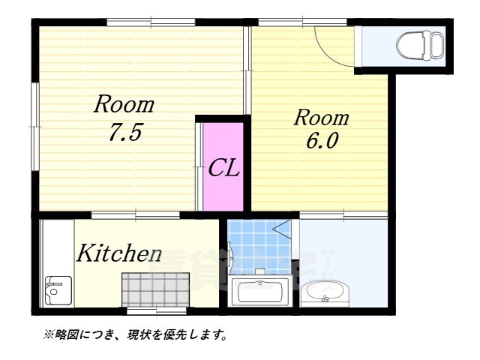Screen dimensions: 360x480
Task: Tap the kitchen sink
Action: point(55,289)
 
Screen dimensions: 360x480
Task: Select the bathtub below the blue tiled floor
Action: point(259,291)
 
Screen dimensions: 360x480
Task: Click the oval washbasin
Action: point(325,291)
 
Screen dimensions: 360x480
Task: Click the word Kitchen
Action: point(118,253)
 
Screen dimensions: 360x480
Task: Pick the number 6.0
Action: point(321,142)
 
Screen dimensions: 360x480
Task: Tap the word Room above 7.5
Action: point(124,104)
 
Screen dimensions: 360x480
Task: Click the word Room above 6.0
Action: point(321,117)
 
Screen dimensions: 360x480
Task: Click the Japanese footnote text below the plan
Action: point(135,334)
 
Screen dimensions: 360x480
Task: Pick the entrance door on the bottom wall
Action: point(150,310)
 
